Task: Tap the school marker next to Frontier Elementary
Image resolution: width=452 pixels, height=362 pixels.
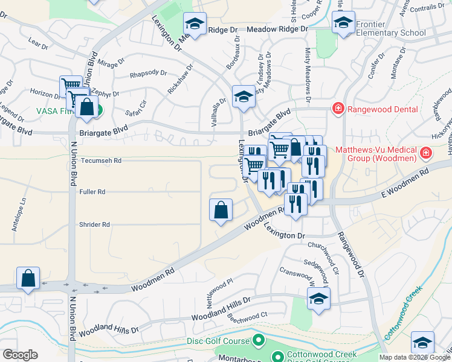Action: click(x=343, y=24)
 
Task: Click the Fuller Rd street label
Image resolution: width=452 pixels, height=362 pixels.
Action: click(x=92, y=192)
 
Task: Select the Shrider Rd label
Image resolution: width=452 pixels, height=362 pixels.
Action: click(x=94, y=224)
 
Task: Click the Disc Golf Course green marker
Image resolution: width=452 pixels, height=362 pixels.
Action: click(x=259, y=341)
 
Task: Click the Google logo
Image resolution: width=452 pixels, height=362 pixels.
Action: click(x=20, y=354)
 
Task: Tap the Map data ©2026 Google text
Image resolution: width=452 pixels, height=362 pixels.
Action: click(x=414, y=357)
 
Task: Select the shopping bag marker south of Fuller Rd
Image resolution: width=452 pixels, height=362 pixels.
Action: click(x=221, y=211)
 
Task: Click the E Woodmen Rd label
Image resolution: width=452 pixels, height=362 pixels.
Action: click(x=404, y=182)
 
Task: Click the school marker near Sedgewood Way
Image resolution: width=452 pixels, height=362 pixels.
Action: click(x=318, y=298)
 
